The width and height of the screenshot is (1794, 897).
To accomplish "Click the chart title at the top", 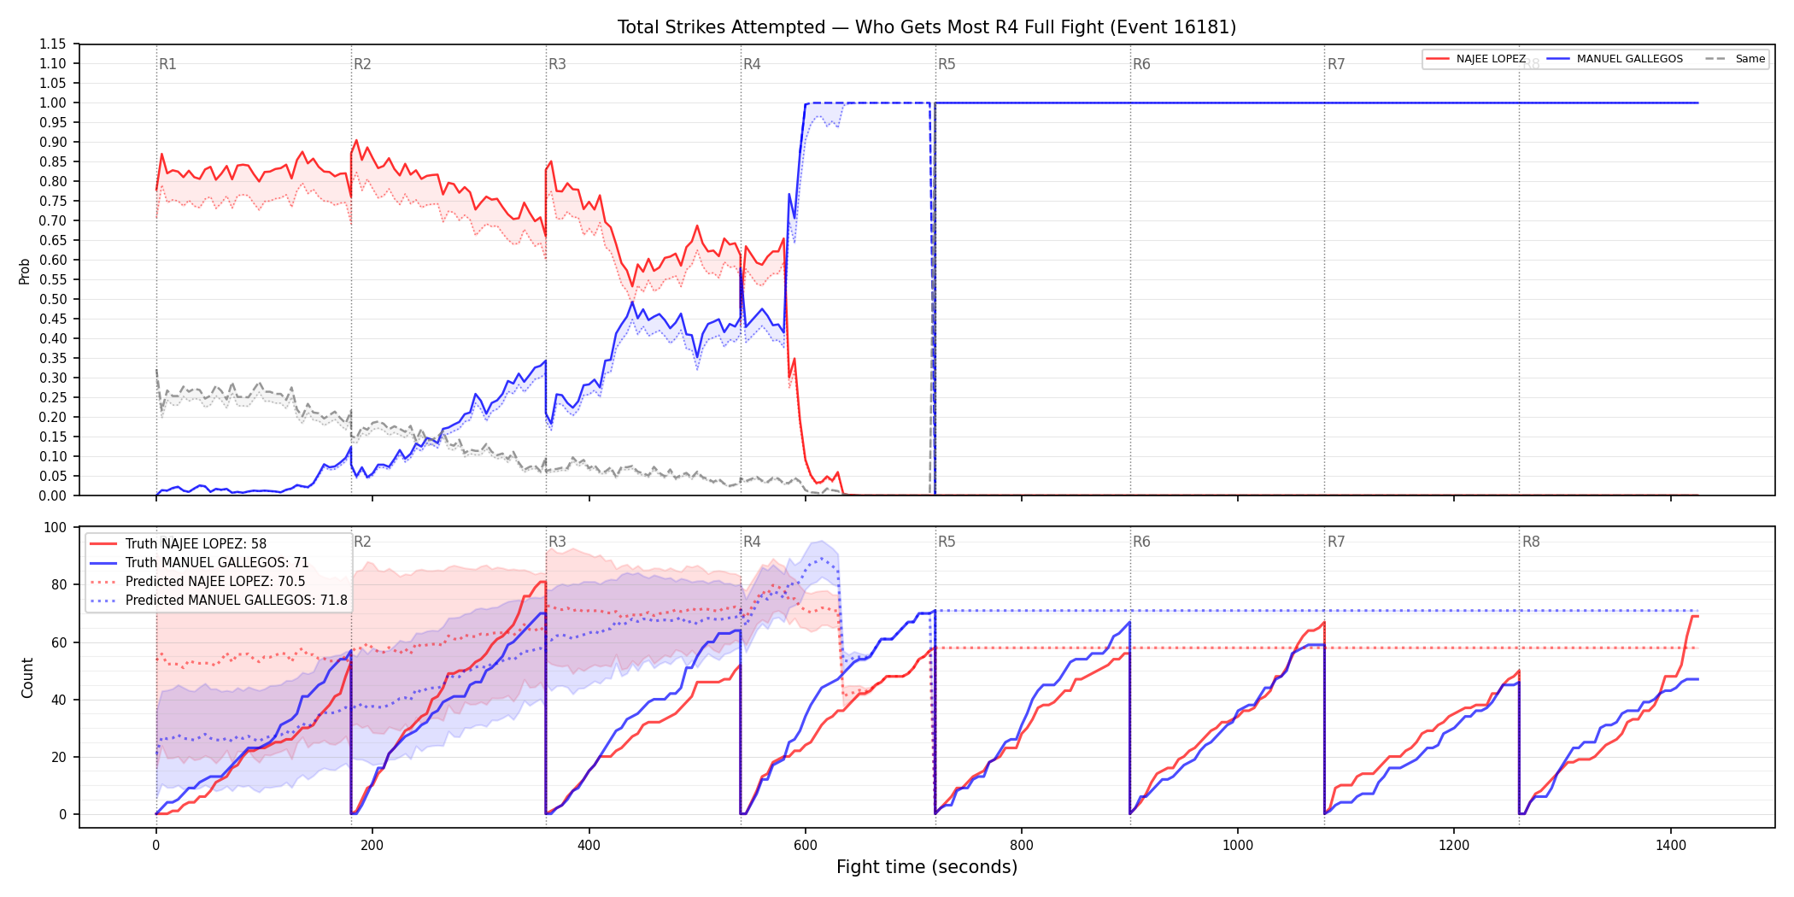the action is coord(927,27).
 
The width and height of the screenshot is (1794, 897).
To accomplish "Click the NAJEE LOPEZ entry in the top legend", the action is coord(1491,59).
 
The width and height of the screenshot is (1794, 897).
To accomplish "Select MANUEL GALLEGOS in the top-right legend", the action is coord(1630,59).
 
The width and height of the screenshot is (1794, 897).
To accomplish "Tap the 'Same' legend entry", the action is coord(1750,59).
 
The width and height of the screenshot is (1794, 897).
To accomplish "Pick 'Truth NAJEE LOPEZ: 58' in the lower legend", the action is coord(196,544).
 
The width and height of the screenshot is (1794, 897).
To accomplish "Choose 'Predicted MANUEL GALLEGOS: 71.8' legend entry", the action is coord(237,601).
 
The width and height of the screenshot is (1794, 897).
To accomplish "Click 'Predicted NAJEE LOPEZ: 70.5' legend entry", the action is coord(215,582).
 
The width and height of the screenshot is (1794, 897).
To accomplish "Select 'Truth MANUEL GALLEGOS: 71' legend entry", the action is coord(217,563).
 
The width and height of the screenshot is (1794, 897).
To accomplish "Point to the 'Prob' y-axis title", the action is coord(25,271).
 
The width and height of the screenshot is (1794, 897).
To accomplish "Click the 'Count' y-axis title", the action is coord(27,677).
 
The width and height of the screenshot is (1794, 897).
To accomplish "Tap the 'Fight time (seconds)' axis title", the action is coord(927,867).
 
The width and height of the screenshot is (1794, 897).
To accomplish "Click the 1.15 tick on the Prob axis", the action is coord(53,44).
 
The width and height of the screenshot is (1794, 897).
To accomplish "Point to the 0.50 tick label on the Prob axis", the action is coord(53,300).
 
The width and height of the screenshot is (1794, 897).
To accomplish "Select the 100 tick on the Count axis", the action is coord(56,528).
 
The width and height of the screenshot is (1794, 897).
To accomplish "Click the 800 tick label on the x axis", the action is coord(1022,846).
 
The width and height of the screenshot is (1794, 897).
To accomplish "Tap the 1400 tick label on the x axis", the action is coord(1671,846).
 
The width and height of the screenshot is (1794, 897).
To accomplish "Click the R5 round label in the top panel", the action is coord(947,65).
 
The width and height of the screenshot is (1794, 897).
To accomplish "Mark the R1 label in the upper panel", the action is coord(167,65).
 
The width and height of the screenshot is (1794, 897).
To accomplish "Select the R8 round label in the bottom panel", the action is coord(1531,542).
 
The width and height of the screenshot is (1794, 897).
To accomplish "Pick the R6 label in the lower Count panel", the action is coord(1141,542).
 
